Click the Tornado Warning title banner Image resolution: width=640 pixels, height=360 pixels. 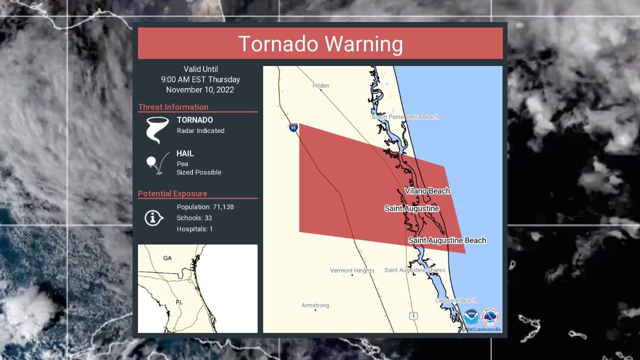(320, 43)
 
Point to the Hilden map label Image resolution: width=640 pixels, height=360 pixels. (320, 85)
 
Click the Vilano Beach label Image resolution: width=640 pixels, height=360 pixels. (427, 190)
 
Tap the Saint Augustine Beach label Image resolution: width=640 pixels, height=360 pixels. (447, 240)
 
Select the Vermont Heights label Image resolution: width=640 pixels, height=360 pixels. (352, 270)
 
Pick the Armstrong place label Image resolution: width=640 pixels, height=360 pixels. (315, 305)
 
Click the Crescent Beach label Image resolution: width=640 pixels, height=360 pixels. (455, 300)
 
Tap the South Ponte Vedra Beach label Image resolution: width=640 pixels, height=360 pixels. (405, 117)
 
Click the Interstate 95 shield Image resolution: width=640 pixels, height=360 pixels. (293, 127)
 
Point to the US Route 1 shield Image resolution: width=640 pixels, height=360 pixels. (412, 315)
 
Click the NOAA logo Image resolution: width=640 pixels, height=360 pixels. (471, 316)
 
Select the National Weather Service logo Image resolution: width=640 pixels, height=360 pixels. (490, 316)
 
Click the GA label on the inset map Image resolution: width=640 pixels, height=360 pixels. (167, 258)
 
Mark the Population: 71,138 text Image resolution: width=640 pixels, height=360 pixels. (205, 207)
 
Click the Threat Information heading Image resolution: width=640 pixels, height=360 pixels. (173, 107)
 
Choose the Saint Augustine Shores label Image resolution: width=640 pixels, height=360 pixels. (414, 270)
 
